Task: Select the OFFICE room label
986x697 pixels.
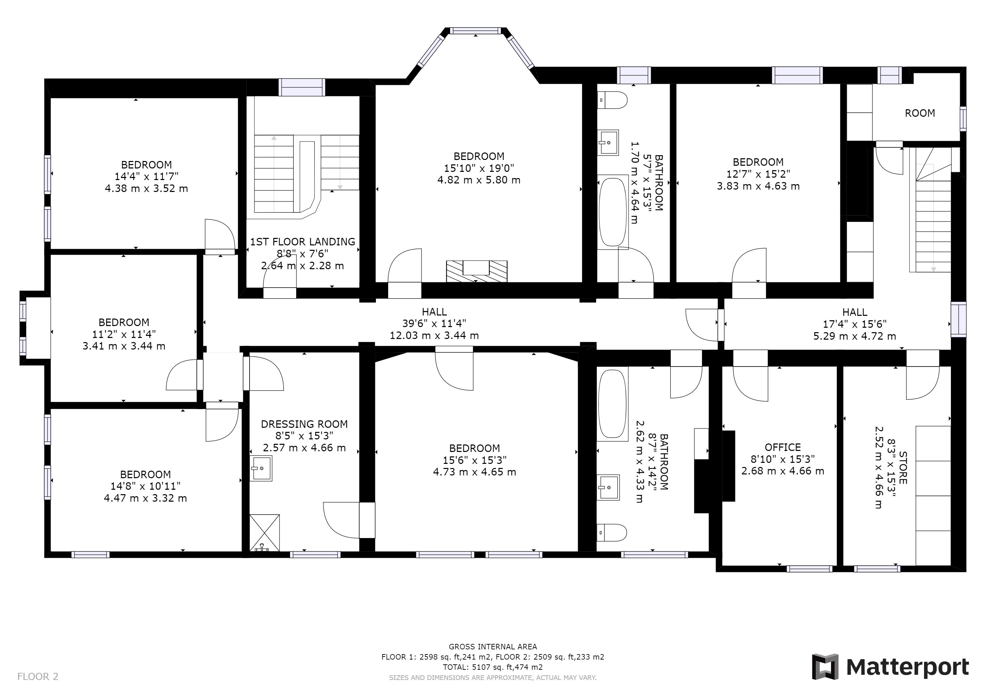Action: click(783, 447)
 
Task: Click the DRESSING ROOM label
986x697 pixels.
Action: click(304, 424)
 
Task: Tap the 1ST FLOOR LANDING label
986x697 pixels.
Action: click(303, 242)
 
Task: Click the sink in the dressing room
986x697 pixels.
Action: click(261, 468)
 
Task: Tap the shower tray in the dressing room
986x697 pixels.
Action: click(265, 533)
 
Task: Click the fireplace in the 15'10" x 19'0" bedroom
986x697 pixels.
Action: click(477, 271)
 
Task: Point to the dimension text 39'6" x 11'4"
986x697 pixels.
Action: click(434, 323)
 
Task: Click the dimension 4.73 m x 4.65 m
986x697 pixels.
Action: click(475, 472)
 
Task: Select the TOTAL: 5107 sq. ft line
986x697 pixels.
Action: click(493, 667)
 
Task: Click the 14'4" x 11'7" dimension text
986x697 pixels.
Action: click(146, 176)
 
